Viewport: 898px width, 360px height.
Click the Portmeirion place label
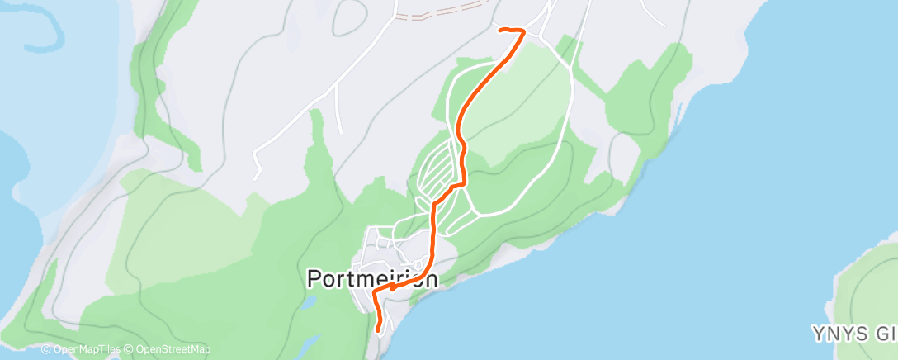tap(372, 278)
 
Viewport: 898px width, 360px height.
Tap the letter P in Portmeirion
tap(314, 278)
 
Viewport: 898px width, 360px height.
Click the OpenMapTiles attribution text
tap(83, 350)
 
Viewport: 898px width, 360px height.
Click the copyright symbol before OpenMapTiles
tap(46, 350)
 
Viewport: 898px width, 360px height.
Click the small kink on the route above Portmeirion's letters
tap(393, 287)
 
